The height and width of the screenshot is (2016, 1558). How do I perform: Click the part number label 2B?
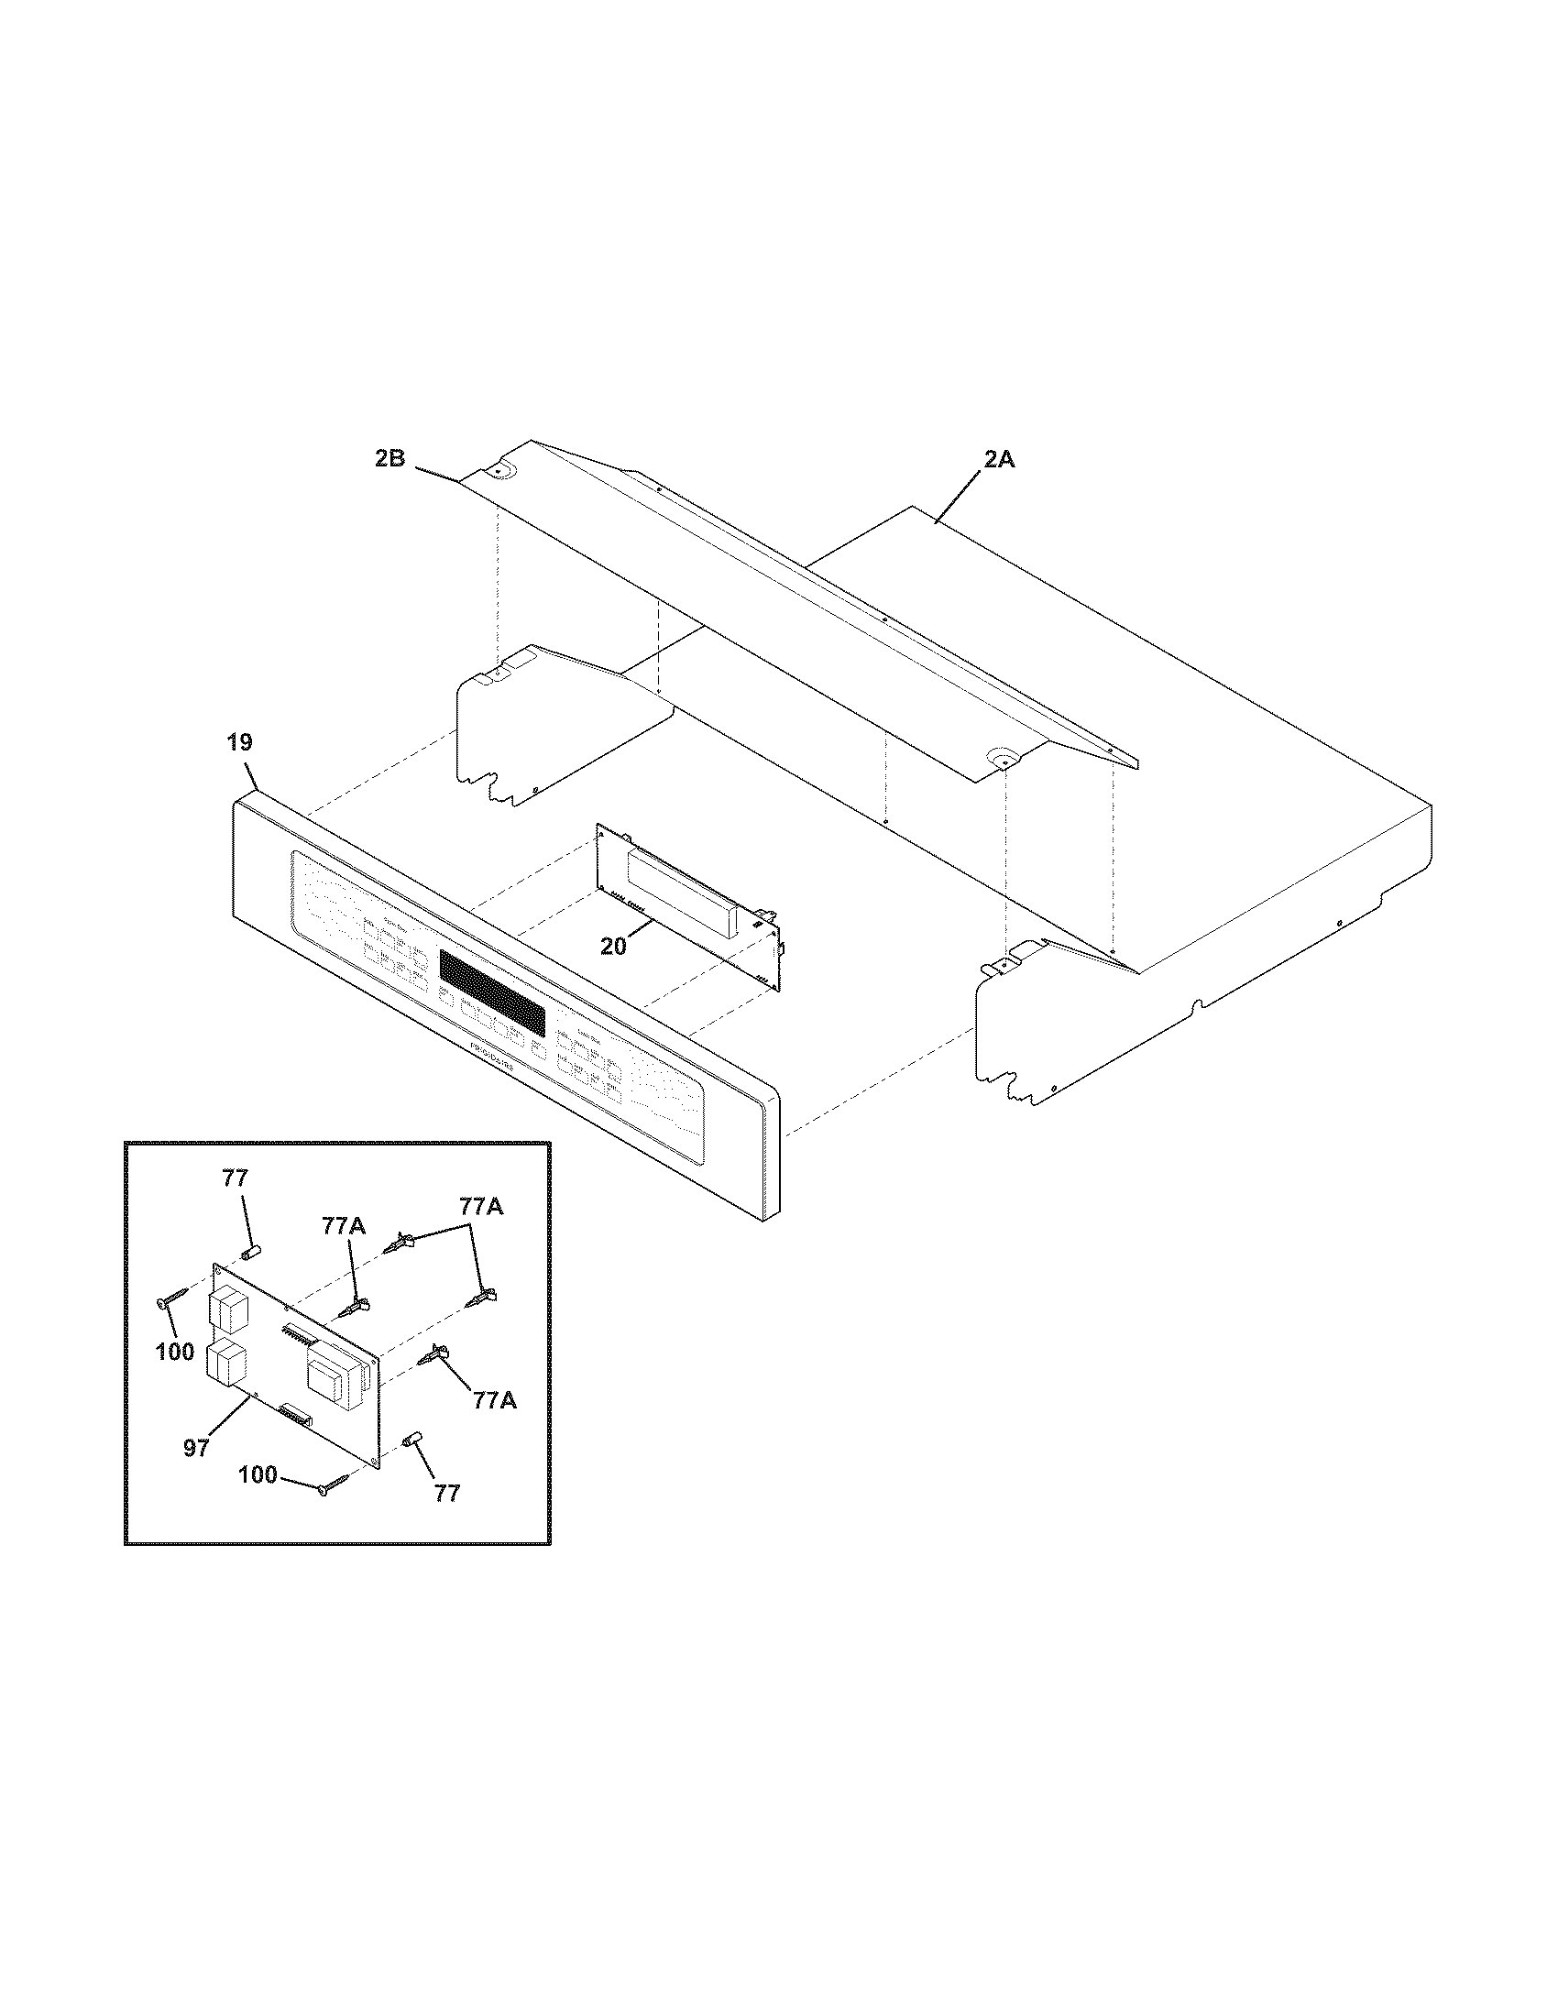click(x=390, y=459)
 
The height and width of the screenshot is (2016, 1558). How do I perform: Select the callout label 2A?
click(x=998, y=459)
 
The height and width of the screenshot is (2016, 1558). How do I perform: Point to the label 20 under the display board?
click(x=613, y=946)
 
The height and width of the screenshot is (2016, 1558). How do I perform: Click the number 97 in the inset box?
click(x=196, y=1447)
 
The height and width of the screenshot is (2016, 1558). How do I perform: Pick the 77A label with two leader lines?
click(x=482, y=1207)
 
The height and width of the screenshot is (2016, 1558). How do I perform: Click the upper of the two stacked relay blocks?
click(x=226, y=1309)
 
